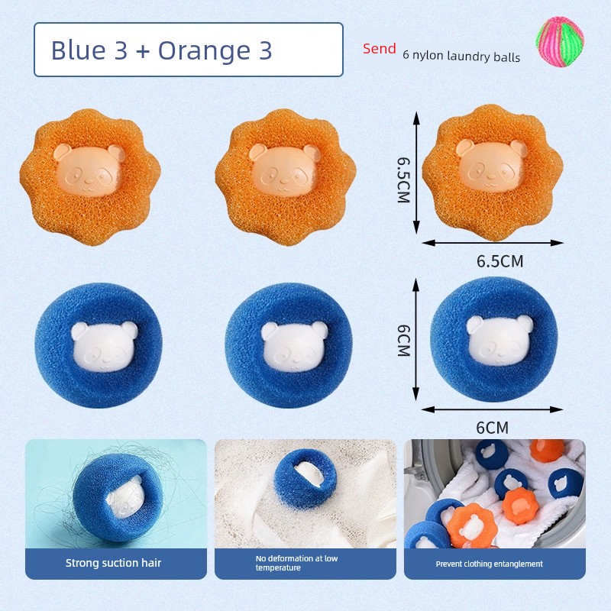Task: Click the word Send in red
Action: tap(379, 48)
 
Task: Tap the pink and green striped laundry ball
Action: tap(560, 42)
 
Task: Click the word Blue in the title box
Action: tap(79, 50)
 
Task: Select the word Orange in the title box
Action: tap(204, 51)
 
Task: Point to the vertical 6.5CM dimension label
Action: tap(403, 179)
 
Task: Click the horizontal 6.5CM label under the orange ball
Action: tap(500, 261)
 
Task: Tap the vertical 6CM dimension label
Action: tap(403, 340)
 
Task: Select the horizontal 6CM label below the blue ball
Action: tap(492, 428)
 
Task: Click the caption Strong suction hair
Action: tap(113, 563)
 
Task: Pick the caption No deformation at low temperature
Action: tap(296, 563)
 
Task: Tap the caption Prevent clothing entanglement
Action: tap(490, 564)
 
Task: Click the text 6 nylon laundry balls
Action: tap(461, 56)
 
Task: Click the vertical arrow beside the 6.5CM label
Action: tap(416, 173)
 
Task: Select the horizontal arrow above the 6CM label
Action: tap(492, 409)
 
